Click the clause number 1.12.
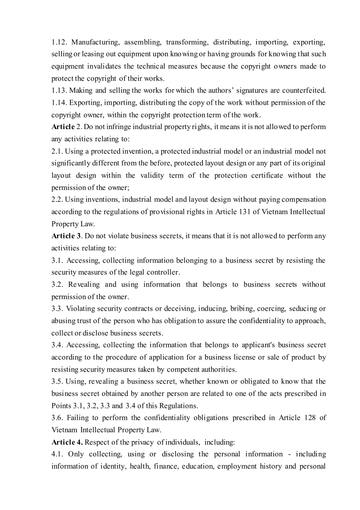click(59, 42)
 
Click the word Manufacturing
click(96, 42)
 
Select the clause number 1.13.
click(59, 90)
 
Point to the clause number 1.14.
click(59, 102)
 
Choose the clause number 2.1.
click(57, 151)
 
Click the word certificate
click(267, 176)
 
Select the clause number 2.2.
click(57, 200)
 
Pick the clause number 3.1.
click(57, 260)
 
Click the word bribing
click(242, 308)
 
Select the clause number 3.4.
click(57, 345)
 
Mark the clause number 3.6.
click(57, 418)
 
